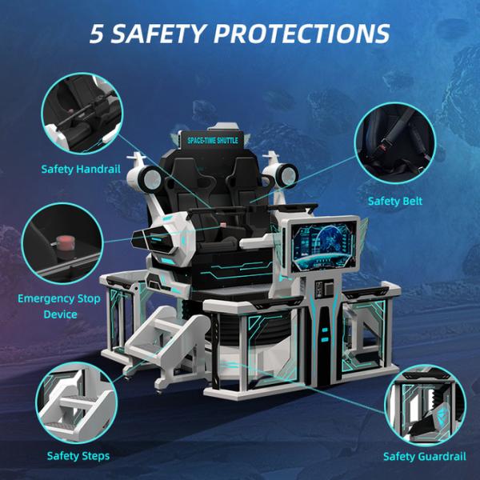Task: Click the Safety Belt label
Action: pos(395,201)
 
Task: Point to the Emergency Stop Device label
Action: pos(59,306)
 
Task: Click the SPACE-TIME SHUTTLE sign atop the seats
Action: pos(214,140)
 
